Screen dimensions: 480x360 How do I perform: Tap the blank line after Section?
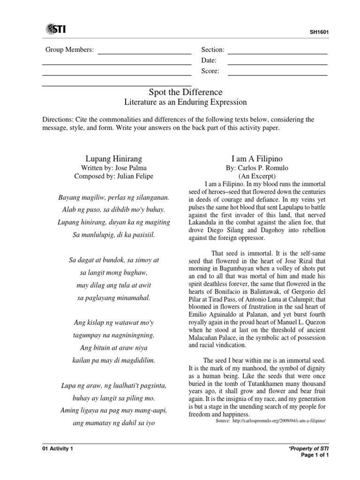click(277, 50)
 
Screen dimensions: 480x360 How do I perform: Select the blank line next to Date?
click(277, 60)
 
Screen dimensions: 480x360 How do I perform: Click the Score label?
click(210, 71)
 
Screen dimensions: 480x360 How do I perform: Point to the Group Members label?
click(69, 50)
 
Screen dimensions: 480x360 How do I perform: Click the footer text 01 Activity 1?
click(58, 449)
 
